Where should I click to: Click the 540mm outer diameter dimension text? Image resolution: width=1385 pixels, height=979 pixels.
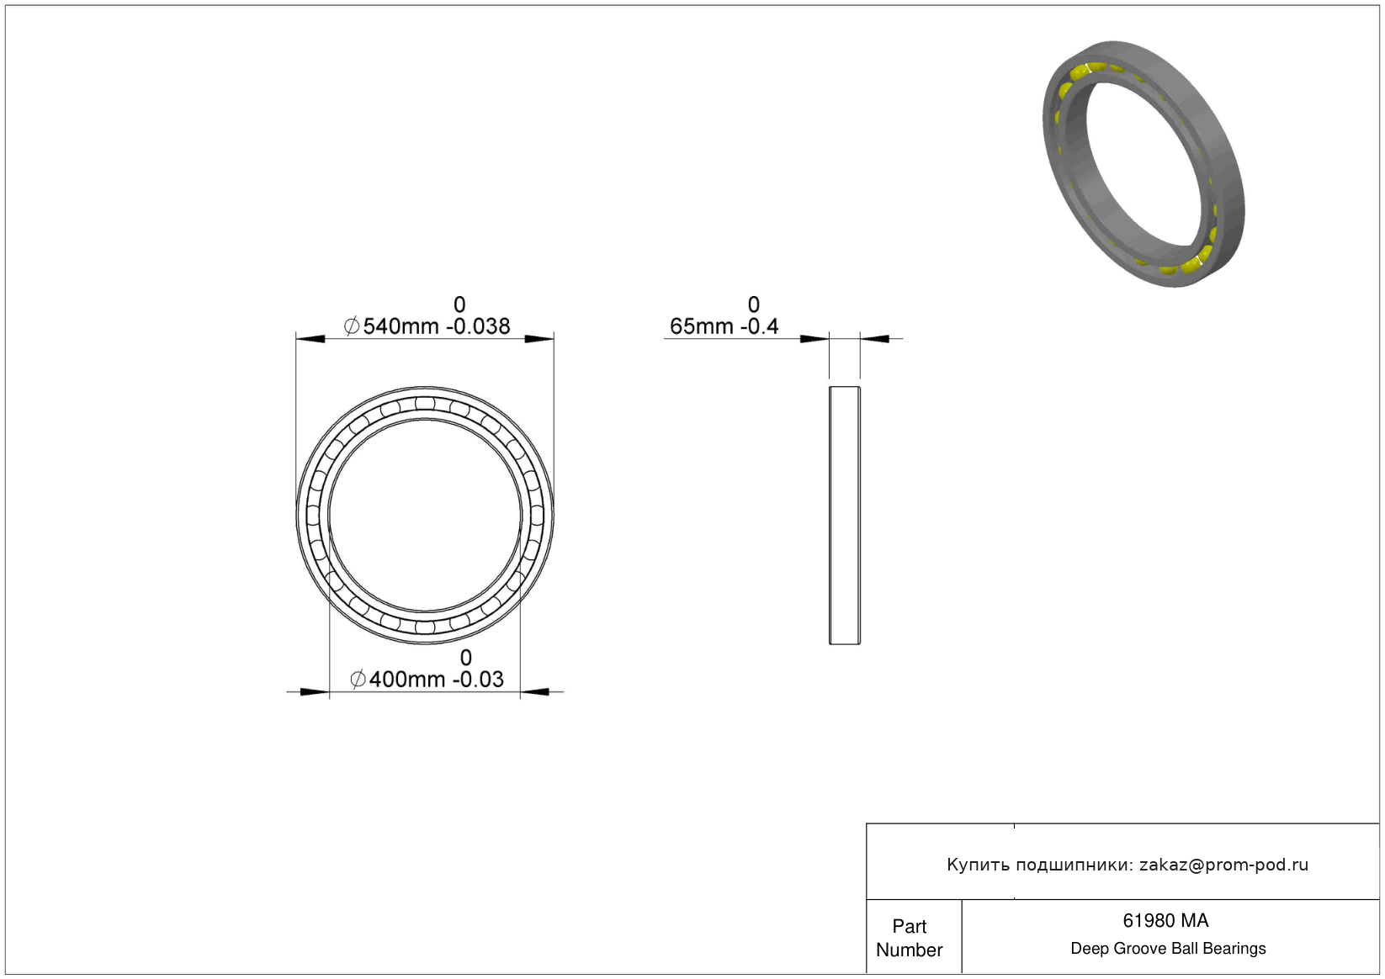(400, 326)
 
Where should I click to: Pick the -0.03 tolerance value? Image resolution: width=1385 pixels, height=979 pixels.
(479, 680)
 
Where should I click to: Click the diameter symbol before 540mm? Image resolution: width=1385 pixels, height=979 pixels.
(351, 326)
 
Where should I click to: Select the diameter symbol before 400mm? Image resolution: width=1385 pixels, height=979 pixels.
(358, 680)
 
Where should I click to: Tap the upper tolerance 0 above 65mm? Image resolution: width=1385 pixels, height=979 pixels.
(753, 304)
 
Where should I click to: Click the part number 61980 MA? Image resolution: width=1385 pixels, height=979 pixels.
(1165, 921)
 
